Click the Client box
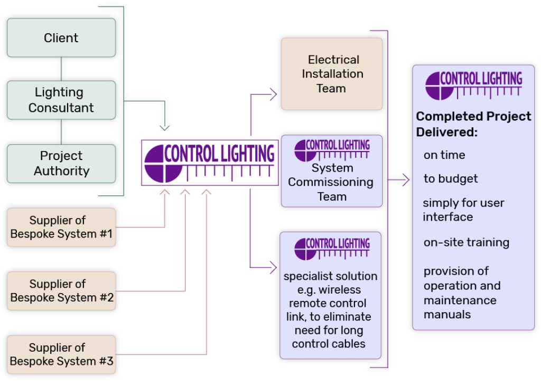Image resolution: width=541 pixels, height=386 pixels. (61, 38)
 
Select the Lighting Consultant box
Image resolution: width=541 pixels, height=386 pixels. (61, 100)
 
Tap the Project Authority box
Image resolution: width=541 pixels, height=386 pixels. (61, 164)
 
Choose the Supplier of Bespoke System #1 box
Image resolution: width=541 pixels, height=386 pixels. (61, 227)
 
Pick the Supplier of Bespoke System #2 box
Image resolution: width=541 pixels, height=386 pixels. (61, 291)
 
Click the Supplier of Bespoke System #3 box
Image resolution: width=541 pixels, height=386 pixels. (61, 355)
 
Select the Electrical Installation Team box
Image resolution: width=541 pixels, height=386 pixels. (332, 74)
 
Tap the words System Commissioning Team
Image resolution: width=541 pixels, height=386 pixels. (332, 182)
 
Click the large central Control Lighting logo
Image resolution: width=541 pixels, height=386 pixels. (210, 162)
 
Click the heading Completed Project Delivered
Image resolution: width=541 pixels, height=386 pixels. (473, 124)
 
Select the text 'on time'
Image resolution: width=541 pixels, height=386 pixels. (444, 155)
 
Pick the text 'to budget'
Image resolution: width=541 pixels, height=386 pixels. (451, 179)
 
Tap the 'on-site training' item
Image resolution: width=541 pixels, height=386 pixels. (466, 243)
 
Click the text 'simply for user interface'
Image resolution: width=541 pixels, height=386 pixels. (463, 210)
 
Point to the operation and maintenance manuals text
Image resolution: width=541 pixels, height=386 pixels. (462, 293)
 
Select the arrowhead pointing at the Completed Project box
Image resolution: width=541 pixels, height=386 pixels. (406, 180)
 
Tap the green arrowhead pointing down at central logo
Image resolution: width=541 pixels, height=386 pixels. (165, 127)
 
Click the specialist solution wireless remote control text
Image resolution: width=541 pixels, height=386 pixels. (331, 310)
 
